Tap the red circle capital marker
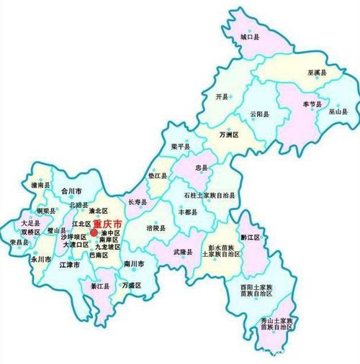[94, 232]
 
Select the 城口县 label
[249, 36]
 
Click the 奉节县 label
[311, 104]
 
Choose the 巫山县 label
[338, 112]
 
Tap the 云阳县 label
[259, 114]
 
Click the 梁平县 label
[181, 147]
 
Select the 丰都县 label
[189, 212]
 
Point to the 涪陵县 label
[156, 228]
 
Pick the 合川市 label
[72, 191]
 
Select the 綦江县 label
[99, 286]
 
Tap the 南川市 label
[134, 264]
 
